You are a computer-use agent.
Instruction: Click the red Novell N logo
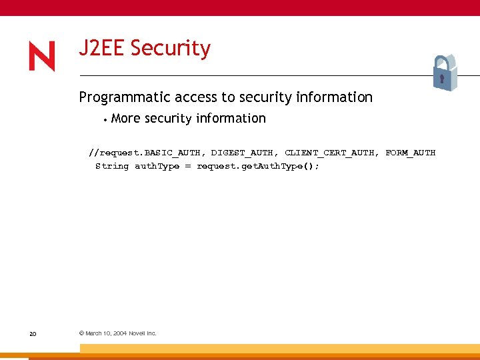click(42, 56)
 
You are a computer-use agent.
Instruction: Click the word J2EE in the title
click(102, 49)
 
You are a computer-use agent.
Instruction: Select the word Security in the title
click(171, 49)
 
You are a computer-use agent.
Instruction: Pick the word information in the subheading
click(333, 97)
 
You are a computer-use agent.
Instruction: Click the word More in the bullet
click(127, 119)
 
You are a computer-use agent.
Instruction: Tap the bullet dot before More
click(105, 120)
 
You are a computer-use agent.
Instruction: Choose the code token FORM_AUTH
click(410, 153)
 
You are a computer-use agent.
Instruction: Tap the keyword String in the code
click(112, 166)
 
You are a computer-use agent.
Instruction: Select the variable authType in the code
click(157, 166)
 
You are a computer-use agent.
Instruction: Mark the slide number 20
click(33, 333)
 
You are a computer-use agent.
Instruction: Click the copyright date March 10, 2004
click(106, 333)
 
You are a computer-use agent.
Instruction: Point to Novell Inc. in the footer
click(142, 333)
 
